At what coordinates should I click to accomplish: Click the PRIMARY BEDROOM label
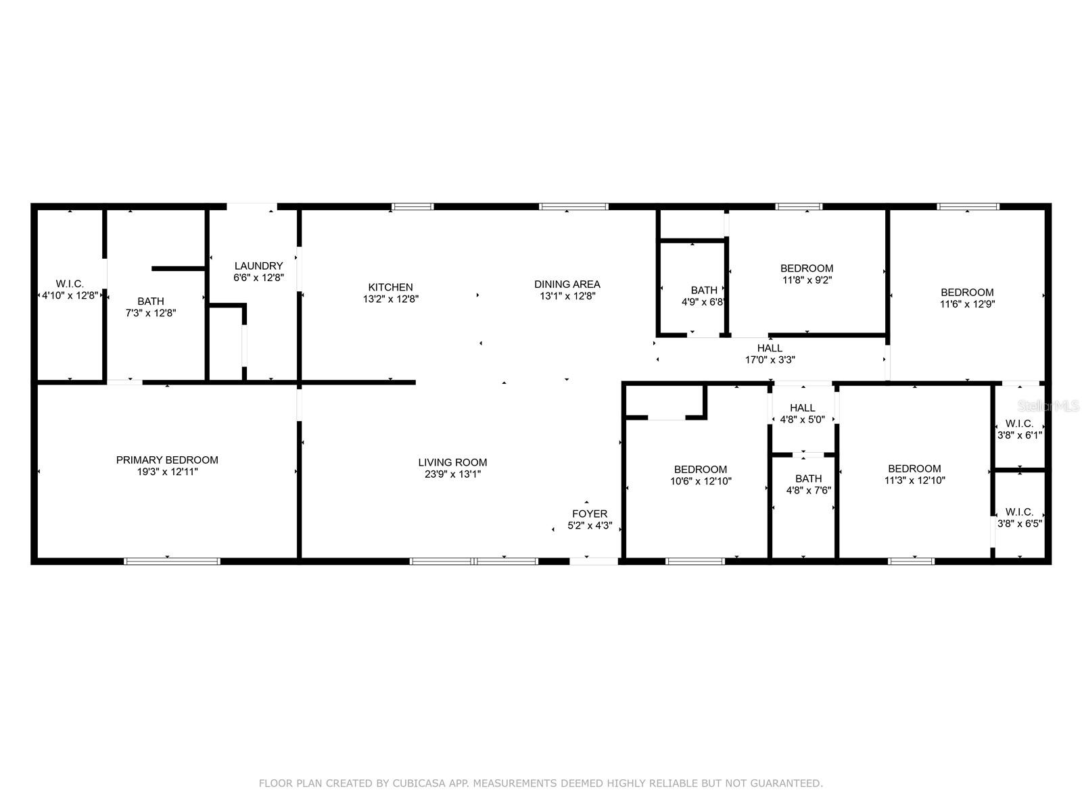point(167,460)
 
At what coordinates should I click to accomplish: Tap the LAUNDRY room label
point(258,266)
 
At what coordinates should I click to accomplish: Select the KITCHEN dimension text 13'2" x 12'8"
point(390,299)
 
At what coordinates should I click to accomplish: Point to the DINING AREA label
point(567,285)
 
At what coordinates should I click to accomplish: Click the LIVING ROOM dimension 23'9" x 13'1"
point(452,474)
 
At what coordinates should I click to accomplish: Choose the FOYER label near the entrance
point(590,514)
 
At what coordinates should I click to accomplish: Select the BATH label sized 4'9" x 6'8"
point(704,291)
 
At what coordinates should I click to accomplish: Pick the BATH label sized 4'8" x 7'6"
point(808,478)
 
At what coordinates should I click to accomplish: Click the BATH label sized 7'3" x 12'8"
point(150,301)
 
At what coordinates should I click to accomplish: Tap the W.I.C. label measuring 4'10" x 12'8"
point(70,285)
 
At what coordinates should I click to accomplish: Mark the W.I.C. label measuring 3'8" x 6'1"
point(1019,424)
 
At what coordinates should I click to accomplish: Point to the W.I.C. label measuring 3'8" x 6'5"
point(1019,512)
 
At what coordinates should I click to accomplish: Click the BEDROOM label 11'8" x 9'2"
point(807,268)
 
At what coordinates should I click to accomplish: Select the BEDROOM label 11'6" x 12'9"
point(967,293)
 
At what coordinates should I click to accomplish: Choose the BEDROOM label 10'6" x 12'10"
point(700,470)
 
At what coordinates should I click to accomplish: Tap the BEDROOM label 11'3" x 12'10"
point(914,469)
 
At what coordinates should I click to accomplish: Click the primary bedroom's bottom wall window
point(172,560)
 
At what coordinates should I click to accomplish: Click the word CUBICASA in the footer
point(416,783)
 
